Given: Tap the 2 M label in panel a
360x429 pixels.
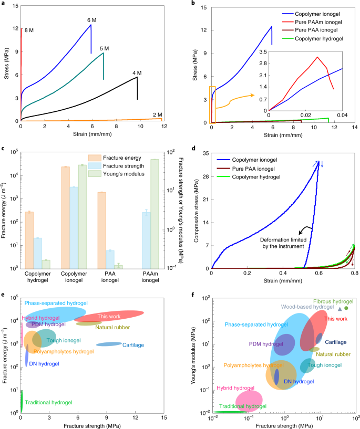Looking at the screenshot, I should (x=157, y=114).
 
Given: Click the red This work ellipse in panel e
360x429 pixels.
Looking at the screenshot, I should (x=112, y=317).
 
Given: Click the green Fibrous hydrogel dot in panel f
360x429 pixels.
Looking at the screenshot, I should (x=346, y=308).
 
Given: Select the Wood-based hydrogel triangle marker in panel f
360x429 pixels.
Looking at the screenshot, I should (x=340, y=309).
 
